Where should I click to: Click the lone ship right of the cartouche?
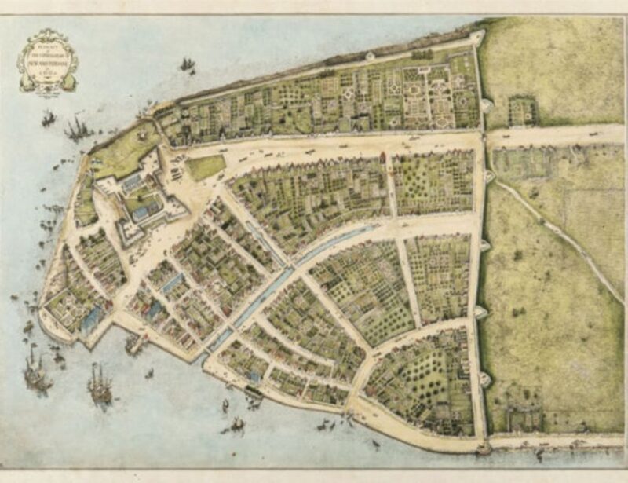187,64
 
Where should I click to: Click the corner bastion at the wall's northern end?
476,35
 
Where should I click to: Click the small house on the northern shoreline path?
370,56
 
